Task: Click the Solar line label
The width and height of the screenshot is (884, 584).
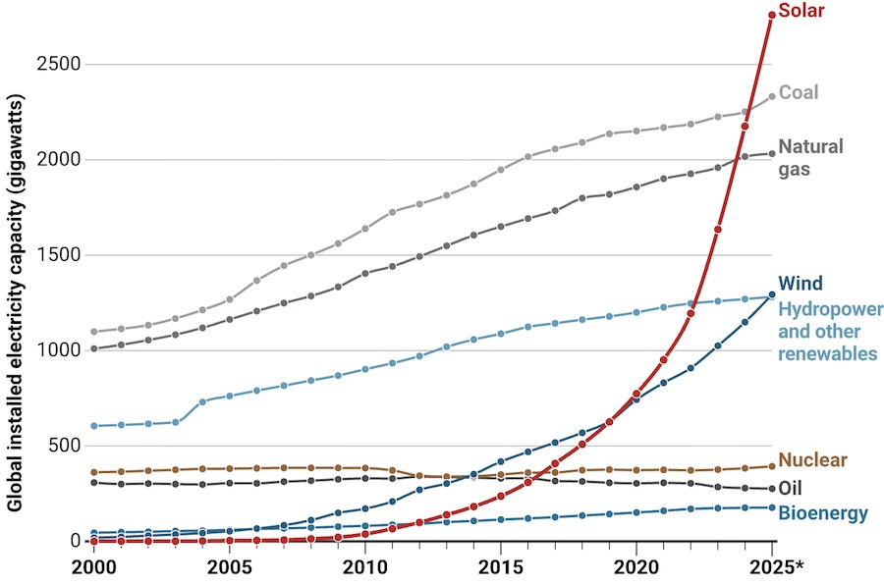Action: pos(801,12)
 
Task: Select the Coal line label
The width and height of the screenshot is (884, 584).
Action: pos(799,93)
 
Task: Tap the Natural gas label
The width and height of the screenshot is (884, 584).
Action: pos(810,157)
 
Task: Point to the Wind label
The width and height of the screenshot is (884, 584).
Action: pos(800,284)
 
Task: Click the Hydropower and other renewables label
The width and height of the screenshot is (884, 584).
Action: pos(827,331)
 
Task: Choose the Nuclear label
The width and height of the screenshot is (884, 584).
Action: pos(812,460)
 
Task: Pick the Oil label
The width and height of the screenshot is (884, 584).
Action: pos(791,488)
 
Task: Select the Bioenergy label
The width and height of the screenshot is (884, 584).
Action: pos(823,513)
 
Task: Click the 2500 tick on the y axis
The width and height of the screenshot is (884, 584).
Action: pos(60,65)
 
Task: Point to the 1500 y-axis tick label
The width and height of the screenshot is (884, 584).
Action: pos(60,255)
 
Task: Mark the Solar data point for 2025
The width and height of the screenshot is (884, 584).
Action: pos(772,15)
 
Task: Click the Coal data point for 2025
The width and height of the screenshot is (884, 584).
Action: pos(772,95)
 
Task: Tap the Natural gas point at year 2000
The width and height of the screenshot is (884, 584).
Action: pos(94,348)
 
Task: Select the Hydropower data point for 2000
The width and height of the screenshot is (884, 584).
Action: pos(94,426)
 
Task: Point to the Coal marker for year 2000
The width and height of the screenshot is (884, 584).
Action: pos(94,332)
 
